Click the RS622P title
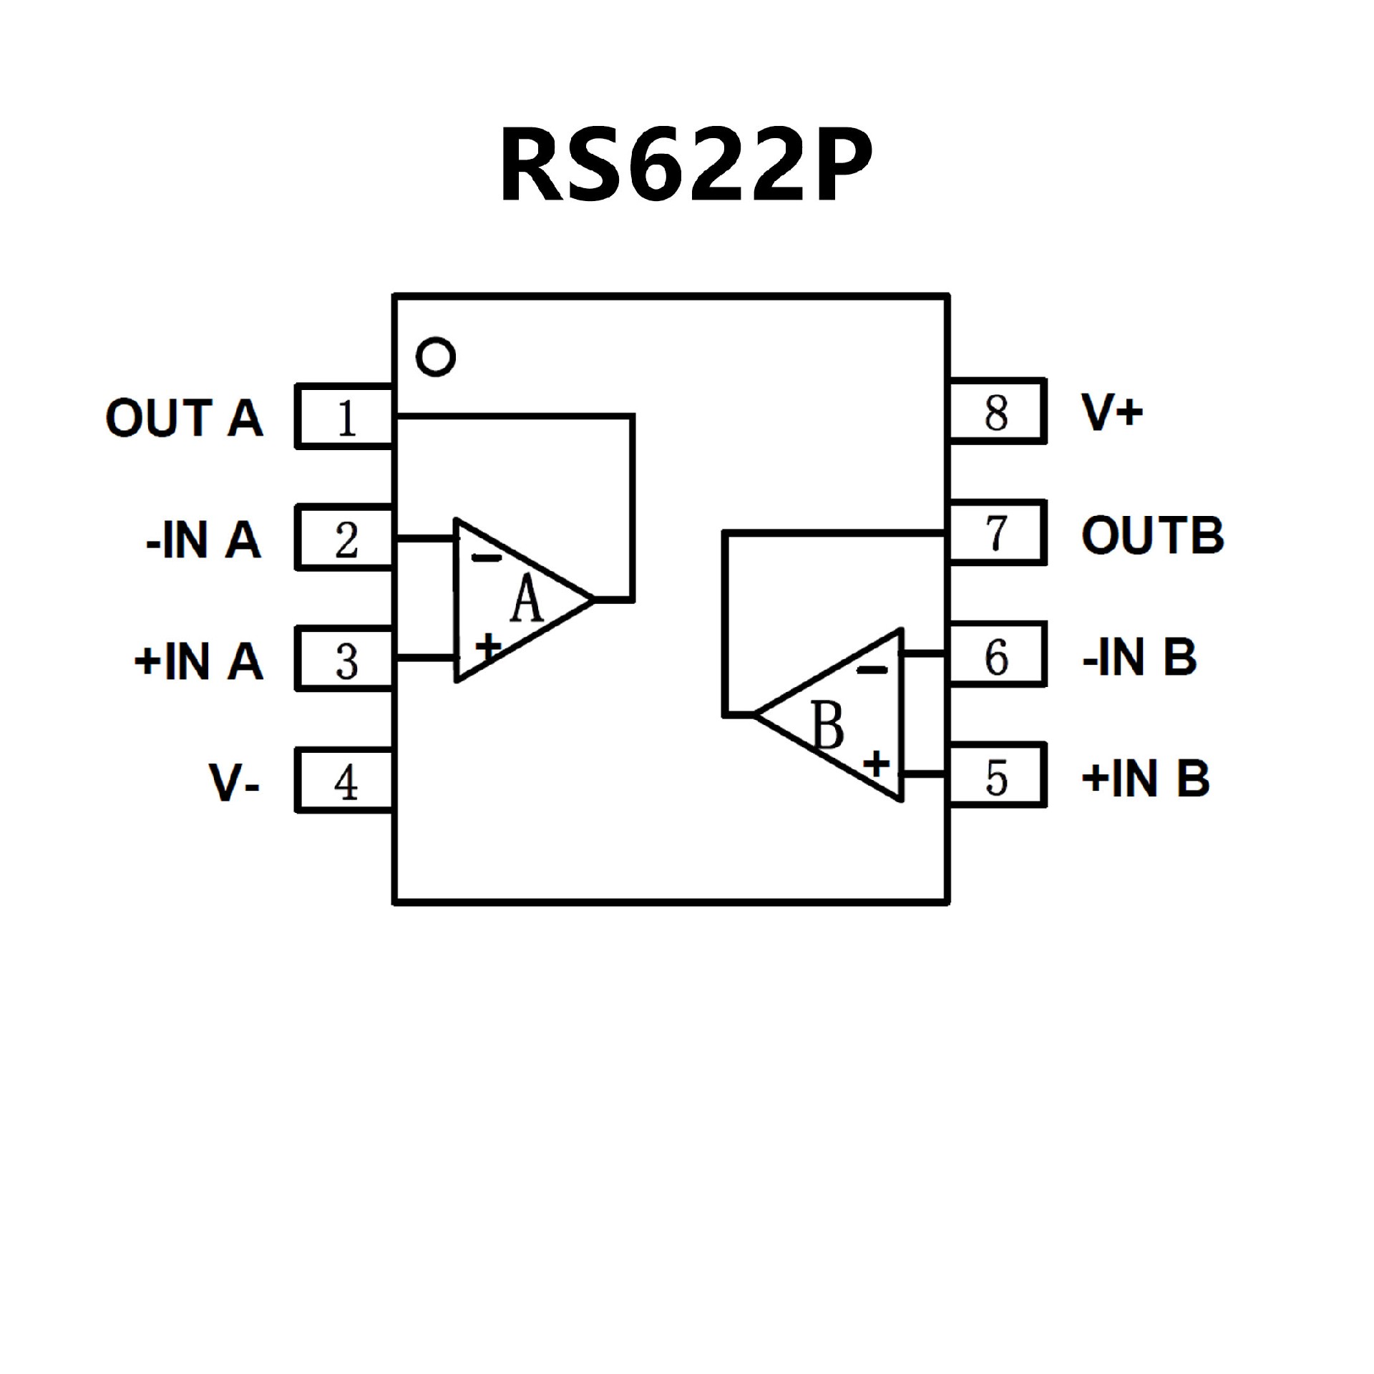tap(686, 166)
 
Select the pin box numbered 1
tap(345, 417)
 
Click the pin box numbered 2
tap(345, 538)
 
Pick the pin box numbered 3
tap(345, 660)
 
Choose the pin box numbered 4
tap(345, 781)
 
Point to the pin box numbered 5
tap(998, 776)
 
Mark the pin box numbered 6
tap(998, 655)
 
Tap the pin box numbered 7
tap(998, 533)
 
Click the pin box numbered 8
tap(998, 411)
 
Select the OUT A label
tap(185, 418)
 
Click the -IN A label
tap(203, 539)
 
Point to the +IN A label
tap(199, 661)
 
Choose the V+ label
tap(1112, 412)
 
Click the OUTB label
tap(1152, 535)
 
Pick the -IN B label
tap(1139, 656)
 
